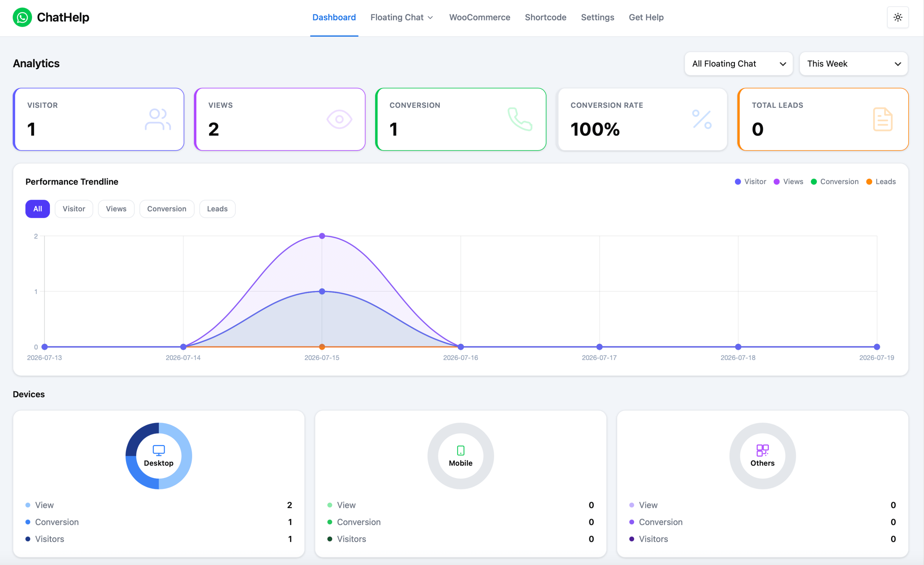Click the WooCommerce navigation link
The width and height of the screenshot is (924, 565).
[x=480, y=17]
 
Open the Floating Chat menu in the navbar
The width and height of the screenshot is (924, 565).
[x=402, y=17]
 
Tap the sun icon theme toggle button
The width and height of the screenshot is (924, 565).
[x=898, y=17]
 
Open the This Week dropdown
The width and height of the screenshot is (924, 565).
[x=853, y=64]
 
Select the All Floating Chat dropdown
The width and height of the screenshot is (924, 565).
[x=738, y=64]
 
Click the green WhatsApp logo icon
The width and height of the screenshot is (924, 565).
[x=22, y=17]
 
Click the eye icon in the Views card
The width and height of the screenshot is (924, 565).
[x=339, y=119]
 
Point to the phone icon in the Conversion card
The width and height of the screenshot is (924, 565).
[x=520, y=119]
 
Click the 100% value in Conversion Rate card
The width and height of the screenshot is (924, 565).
[x=595, y=129]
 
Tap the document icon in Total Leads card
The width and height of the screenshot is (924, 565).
[x=883, y=119]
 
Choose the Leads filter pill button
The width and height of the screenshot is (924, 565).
[x=217, y=209]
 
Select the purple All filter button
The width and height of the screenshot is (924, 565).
[x=38, y=209]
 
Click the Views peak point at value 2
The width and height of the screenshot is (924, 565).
[x=322, y=236]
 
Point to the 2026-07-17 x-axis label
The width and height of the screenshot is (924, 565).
[x=599, y=358]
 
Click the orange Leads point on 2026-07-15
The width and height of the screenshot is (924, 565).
[x=322, y=347]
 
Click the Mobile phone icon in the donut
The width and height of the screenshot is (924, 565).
[x=461, y=450]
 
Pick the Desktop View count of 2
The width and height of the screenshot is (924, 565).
[x=290, y=505]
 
